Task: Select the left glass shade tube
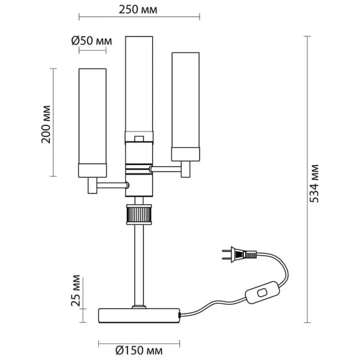92,116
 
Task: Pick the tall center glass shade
139,82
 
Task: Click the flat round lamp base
139,315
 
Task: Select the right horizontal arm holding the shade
166,168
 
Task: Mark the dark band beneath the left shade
92,170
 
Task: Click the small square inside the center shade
138,138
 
